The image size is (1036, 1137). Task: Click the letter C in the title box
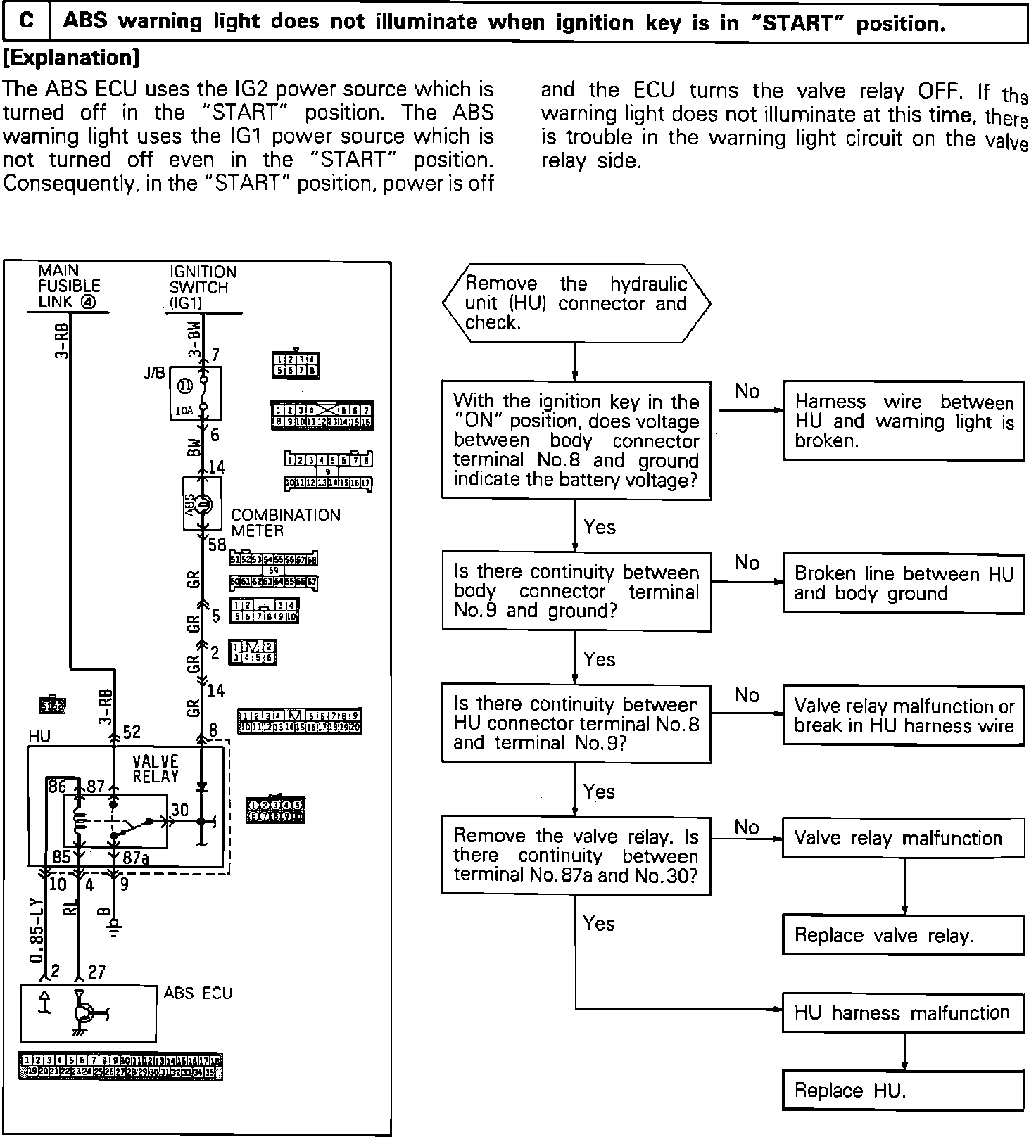pos(26,21)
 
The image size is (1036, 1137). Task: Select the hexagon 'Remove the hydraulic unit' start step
pos(576,303)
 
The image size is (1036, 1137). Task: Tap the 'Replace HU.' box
pos(903,1091)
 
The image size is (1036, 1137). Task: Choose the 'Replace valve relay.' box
pos(903,935)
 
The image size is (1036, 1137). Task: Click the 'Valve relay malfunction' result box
pos(903,838)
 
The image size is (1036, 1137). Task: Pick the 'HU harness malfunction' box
pos(903,1013)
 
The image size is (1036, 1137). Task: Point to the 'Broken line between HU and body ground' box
pos(903,584)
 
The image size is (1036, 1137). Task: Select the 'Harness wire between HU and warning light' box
pos(903,421)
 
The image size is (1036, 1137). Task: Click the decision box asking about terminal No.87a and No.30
pos(576,855)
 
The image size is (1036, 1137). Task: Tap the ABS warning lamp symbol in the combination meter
pos(203,504)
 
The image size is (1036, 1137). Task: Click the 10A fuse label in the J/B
pos(184,410)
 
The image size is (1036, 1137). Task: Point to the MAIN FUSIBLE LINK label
pos(69,286)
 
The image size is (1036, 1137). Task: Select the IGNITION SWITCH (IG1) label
pos(203,287)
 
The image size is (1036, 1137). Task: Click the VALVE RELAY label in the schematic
pos(156,768)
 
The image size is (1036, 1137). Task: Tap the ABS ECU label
pos(198,993)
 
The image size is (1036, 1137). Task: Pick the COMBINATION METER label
pos(285,523)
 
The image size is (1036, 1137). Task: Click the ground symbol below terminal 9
pos(113,930)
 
